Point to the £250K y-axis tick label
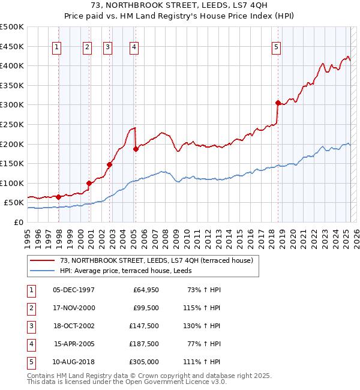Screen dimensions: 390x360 coord(12,124)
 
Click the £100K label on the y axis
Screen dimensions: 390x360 coord(12,183)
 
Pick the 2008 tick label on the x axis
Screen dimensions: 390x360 coord(165,237)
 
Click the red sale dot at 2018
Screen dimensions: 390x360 coord(278,103)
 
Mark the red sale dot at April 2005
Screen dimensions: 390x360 coord(136,149)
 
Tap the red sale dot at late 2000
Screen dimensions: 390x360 coord(89,183)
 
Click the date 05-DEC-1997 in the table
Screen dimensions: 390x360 coord(74,290)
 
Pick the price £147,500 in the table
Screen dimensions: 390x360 coord(143,326)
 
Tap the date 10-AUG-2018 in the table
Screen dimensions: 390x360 coord(74,362)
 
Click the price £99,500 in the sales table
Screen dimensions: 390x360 coord(145,308)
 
